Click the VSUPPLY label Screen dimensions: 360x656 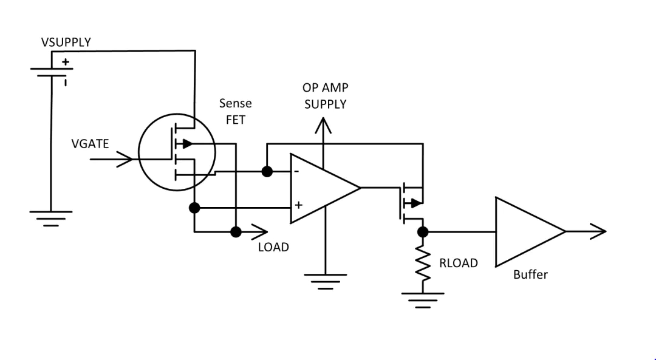pyautogui.click(x=66, y=42)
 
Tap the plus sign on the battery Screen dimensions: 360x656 pyautogui.click(x=65, y=62)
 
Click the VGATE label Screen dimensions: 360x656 pyautogui.click(x=90, y=144)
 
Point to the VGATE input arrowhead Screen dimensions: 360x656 pyautogui.click(x=126, y=160)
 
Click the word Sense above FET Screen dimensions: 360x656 pyautogui.click(x=235, y=104)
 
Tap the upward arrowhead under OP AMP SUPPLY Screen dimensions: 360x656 pyautogui.click(x=324, y=125)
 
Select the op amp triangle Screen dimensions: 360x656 pyautogui.click(x=322, y=188)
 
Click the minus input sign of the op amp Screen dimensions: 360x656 pyautogui.click(x=296, y=172)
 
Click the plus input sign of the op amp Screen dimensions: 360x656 pyautogui.click(x=298, y=205)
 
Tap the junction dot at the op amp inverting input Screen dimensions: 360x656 pyautogui.click(x=266, y=172)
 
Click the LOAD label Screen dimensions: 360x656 pyautogui.click(x=273, y=248)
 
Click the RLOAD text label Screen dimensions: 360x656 pyautogui.click(x=459, y=263)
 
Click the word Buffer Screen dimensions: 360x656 pyautogui.click(x=530, y=274)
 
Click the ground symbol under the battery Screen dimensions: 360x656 pyautogui.click(x=50, y=216)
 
